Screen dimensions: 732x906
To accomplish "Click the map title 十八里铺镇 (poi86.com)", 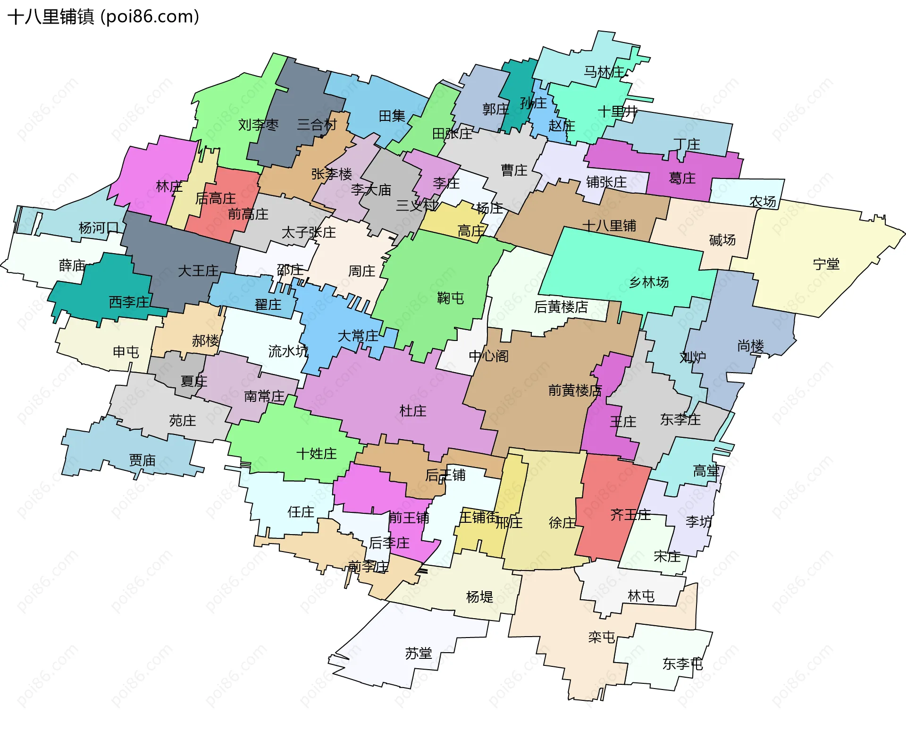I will click(103, 17).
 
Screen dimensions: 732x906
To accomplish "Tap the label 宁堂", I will click(826, 264).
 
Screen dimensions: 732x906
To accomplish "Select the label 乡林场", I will click(649, 282).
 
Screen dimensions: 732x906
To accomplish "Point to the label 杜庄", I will click(412, 411).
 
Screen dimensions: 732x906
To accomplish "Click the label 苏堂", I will click(419, 654).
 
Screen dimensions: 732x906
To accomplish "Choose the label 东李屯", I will click(682, 664).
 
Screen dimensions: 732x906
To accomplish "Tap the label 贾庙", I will click(142, 460).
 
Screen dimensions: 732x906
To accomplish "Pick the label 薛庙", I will click(72, 265).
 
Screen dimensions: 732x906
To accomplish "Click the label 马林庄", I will click(604, 72).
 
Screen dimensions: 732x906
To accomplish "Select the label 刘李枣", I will click(258, 125).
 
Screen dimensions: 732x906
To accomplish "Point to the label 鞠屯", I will click(450, 298).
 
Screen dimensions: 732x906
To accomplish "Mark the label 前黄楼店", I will click(575, 391).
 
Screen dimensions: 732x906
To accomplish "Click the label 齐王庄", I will click(630, 514).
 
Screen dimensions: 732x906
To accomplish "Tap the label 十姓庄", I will click(316, 454).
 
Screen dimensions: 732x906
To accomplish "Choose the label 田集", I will click(392, 116).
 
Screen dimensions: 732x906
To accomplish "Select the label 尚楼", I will click(750, 346).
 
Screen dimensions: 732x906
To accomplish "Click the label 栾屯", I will click(601, 637).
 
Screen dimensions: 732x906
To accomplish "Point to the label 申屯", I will click(126, 352).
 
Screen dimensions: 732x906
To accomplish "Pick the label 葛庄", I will click(682, 178).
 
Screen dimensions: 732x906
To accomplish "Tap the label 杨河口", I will click(99, 228).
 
